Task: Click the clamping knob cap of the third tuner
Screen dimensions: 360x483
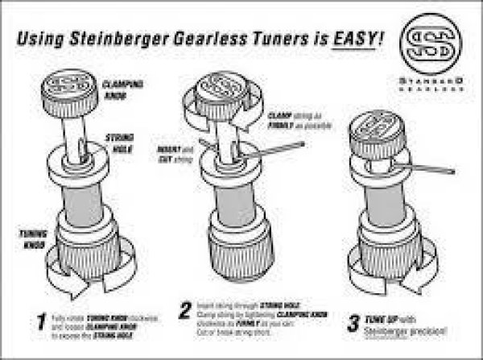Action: pos(372,134)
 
